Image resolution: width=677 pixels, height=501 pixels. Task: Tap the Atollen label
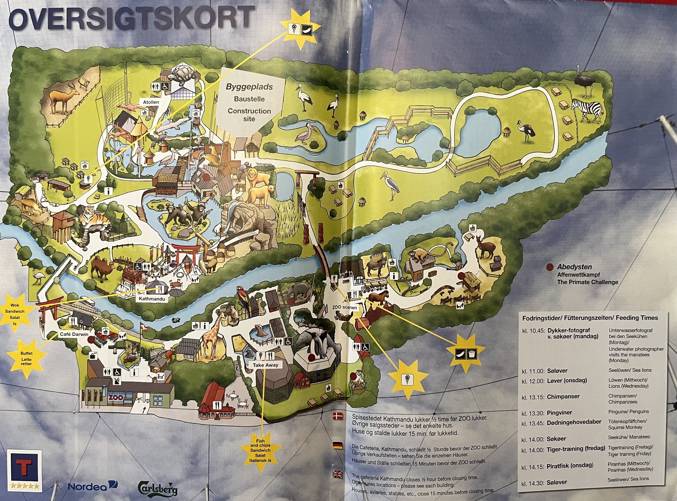[x=151, y=102]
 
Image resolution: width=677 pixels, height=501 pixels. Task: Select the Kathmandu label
[x=152, y=299]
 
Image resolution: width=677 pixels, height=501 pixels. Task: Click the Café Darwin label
[x=74, y=334]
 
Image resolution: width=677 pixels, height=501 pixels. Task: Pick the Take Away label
[x=265, y=365]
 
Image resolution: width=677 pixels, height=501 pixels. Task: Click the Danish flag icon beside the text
[x=338, y=416]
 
